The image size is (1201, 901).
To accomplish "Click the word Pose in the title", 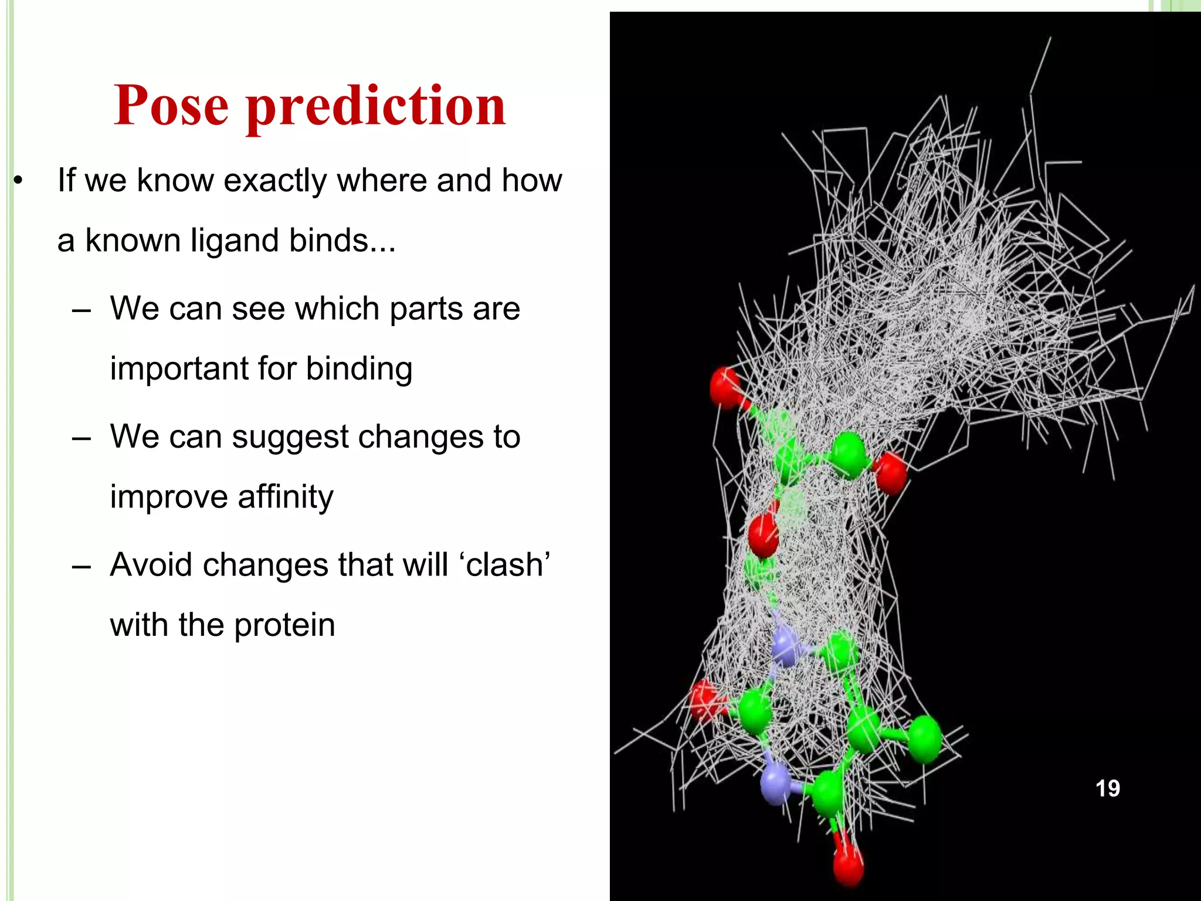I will [171, 106].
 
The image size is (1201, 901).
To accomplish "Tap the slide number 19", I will [1107, 788].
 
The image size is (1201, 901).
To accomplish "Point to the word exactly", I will [274, 181].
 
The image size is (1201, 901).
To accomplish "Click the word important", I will [178, 369].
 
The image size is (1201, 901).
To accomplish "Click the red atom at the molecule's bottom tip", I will [848, 866].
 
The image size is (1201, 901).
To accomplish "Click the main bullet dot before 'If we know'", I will [18, 181].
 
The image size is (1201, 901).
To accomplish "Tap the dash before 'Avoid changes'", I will [81, 566].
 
